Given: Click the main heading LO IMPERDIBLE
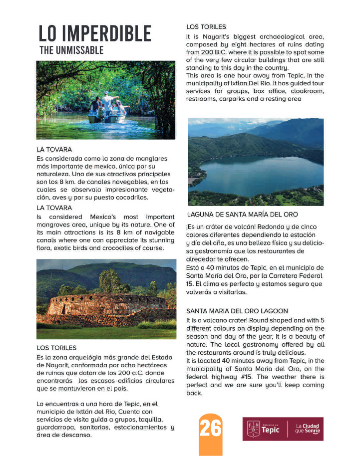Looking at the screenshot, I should click(x=95, y=33).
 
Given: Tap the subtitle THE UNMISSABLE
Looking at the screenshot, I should click(x=71, y=50).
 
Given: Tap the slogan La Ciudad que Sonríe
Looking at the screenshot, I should click(x=307, y=429).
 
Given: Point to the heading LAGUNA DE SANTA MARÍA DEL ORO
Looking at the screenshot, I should click(x=242, y=215).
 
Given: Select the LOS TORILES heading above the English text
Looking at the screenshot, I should click(x=206, y=27).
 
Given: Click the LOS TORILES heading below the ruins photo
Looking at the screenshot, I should click(x=56, y=347).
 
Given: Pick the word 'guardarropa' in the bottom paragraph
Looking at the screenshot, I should click(x=55, y=427).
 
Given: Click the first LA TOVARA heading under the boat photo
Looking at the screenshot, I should click(x=54, y=149).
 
